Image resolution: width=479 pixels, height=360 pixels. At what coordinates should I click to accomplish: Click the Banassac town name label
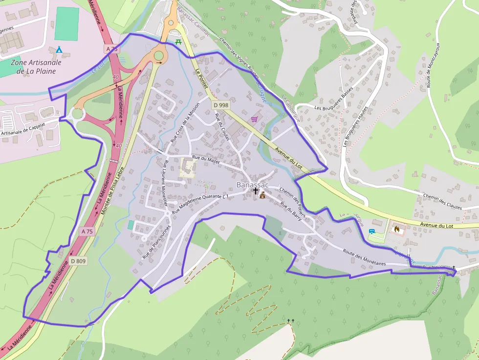point(252,185)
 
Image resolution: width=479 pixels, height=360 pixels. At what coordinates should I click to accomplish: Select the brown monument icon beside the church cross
point(263,195)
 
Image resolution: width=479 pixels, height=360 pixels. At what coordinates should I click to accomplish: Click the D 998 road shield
point(220,105)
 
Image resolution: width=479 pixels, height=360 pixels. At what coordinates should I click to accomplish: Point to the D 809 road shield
point(78,261)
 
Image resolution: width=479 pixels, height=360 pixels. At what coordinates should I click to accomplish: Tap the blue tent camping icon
point(59,49)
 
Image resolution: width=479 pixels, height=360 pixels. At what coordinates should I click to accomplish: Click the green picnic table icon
point(178,42)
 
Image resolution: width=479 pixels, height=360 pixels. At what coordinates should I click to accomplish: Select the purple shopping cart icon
point(254,119)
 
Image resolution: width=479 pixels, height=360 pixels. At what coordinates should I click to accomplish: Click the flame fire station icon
point(396,228)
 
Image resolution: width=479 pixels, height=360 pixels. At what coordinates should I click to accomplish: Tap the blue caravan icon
point(372,232)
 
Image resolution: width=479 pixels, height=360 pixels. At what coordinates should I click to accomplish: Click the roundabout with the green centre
point(158,55)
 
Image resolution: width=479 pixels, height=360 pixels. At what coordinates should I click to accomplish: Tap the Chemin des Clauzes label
point(442,201)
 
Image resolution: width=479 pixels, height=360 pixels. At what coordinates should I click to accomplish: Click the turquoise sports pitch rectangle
point(66,23)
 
